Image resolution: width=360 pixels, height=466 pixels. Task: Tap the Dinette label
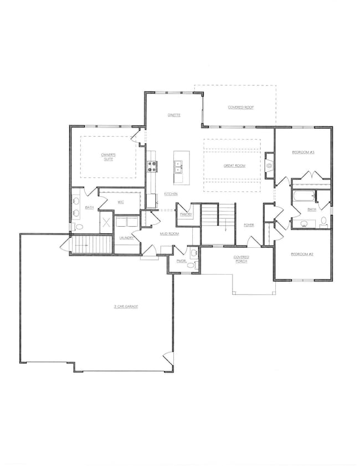[x=175, y=115]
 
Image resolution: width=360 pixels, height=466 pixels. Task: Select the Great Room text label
[x=234, y=166]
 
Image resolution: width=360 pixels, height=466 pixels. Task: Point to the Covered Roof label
[x=241, y=107]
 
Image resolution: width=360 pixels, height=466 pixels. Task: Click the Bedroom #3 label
[x=303, y=152]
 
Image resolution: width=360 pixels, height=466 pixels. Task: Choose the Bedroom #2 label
[x=302, y=254]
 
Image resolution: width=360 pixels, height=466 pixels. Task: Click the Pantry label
[x=186, y=214]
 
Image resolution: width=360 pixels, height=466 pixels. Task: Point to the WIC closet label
[x=120, y=202]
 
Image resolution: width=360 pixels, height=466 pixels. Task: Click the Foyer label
[x=249, y=225]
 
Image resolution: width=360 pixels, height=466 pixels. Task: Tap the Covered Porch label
[x=241, y=259]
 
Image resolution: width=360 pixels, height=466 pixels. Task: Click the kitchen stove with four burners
[x=152, y=166]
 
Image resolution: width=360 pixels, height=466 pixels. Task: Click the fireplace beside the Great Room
[x=270, y=166]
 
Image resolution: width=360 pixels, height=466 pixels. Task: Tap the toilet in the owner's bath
[x=78, y=227]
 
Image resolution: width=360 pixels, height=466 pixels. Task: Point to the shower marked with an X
[x=106, y=224]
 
